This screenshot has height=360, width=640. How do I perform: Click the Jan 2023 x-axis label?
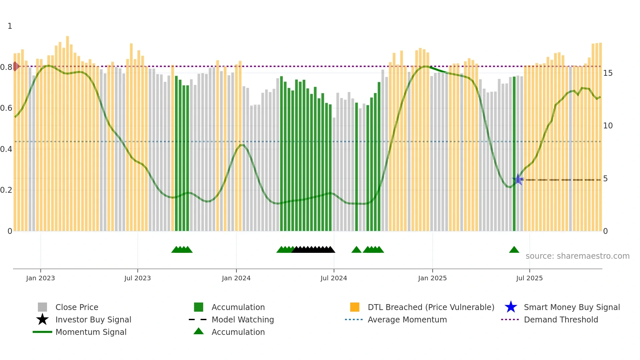click(40, 278)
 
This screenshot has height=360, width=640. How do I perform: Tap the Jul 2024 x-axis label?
click(334, 278)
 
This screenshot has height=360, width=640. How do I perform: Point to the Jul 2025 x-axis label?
click(529, 278)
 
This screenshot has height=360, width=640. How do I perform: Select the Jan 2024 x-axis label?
click(236, 278)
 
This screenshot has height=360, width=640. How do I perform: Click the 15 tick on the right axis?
click(608, 73)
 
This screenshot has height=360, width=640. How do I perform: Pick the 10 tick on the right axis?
click(608, 126)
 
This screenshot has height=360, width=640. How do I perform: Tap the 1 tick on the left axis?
click(10, 26)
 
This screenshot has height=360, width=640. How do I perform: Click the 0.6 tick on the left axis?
click(6, 108)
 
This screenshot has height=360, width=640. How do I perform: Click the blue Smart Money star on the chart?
click(518, 180)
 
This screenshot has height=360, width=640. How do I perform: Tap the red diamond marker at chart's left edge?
click(15, 66)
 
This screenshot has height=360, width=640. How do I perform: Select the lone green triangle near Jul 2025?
click(514, 250)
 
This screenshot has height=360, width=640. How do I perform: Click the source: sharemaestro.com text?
click(577, 256)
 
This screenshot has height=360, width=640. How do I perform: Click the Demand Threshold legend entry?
click(561, 319)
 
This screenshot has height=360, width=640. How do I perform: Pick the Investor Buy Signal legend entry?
click(93, 319)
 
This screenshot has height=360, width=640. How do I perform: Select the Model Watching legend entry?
click(242, 319)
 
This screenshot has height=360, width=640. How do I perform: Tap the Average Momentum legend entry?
click(407, 319)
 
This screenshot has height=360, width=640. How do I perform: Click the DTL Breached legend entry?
click(431, 307)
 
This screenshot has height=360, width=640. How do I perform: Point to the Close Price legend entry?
click(76, 307)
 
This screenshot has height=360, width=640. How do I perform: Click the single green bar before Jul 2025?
click(514, 154)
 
